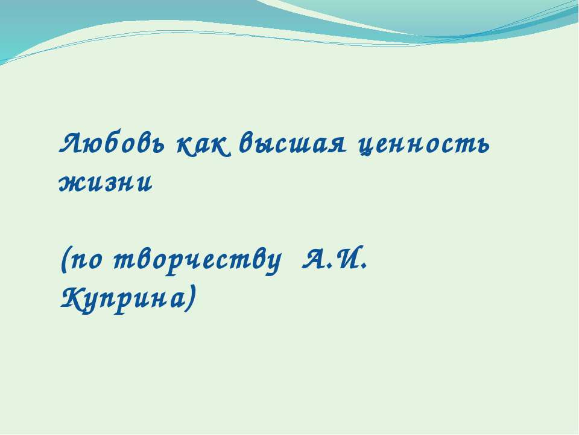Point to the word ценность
(x=422, y=144)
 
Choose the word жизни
(x=105, y=183)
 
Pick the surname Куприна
(x=124, y=297)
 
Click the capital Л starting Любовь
(x=72, y=144)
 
